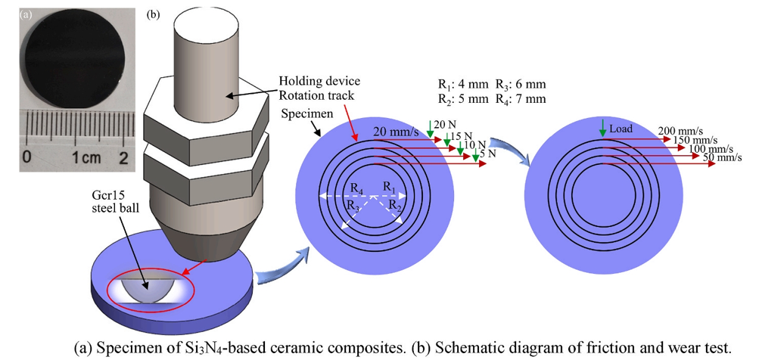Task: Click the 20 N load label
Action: [x=443, y=124]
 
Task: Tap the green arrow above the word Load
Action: [x=602, y=129]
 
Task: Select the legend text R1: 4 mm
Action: [x=462, y=85]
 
